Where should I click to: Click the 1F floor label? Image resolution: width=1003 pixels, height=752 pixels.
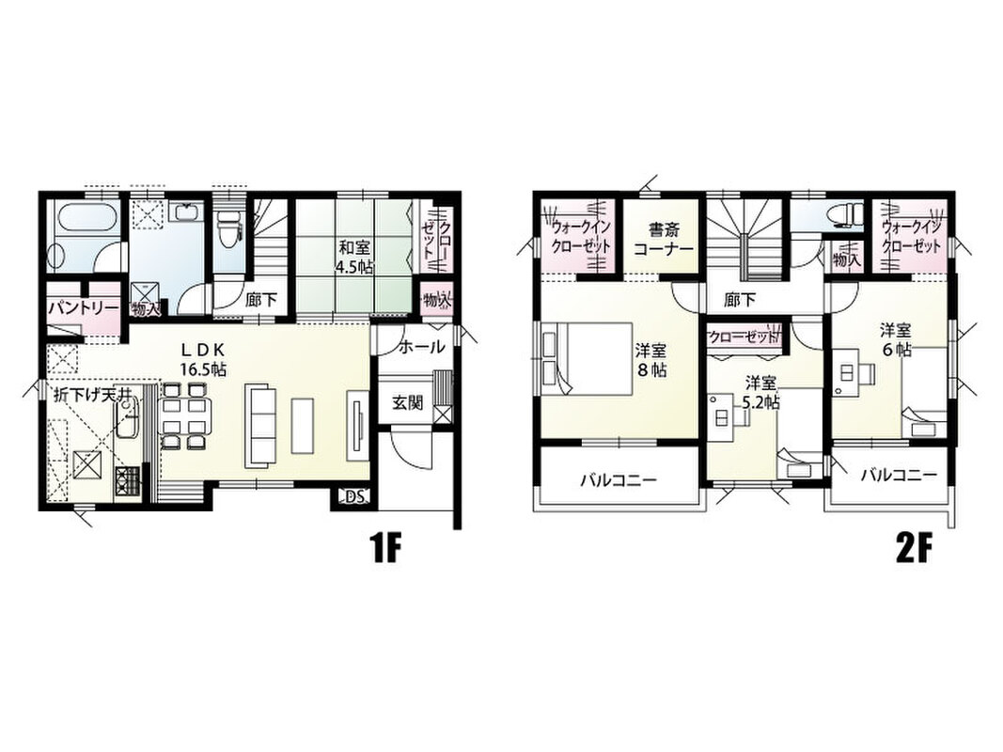click(385, 548)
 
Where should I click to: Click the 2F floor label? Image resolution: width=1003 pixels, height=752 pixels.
click(914, 548)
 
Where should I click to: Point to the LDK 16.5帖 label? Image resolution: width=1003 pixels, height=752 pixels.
click(201, 359)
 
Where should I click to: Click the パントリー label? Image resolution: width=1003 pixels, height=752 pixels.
click(84, 307)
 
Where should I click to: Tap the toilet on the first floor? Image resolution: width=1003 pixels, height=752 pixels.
click(227, 229)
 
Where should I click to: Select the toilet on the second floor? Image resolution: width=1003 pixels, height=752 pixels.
click(842, 215)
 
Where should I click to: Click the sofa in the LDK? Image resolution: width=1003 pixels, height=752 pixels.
click(259, 425)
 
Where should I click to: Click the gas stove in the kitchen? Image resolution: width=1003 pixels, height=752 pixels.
click(127, 483)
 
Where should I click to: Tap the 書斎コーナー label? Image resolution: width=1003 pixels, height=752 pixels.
click(663, 238)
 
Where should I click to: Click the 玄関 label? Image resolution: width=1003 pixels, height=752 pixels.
click(407, 403)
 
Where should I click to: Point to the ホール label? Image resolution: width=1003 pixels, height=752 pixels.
click(421, 347)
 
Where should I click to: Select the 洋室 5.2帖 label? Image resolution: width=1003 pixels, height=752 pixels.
click(760, 393)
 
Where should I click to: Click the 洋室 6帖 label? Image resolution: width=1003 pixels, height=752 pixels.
click(896, 339)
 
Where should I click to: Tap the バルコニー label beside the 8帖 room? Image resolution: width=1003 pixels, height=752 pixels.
click(618, 479)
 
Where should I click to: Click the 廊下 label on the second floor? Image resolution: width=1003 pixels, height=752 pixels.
click(740, 299)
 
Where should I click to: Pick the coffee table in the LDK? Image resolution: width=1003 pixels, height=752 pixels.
click(304, 425)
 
